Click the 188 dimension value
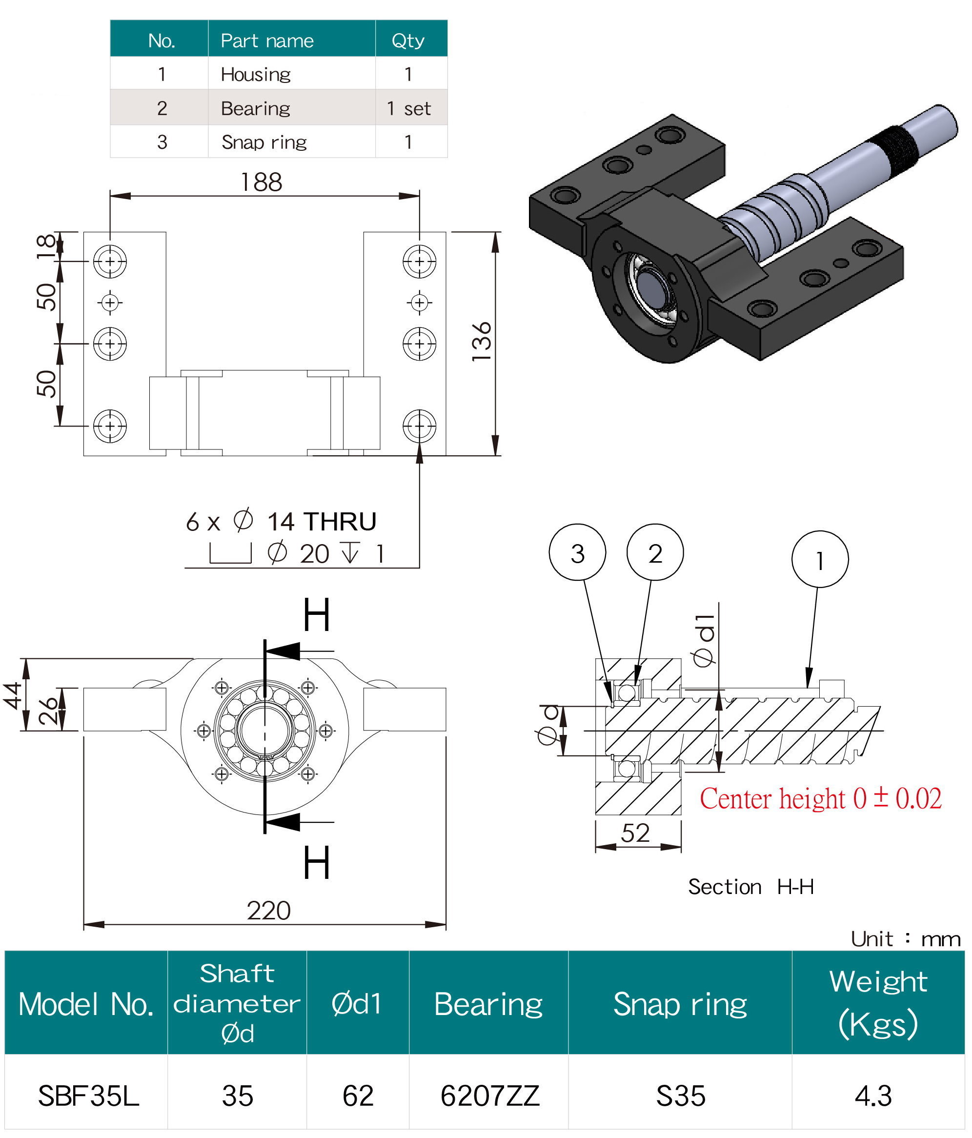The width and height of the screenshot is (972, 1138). (262, 183)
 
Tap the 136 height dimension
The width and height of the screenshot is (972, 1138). (482, 342)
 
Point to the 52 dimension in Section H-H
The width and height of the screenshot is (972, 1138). (635, 833)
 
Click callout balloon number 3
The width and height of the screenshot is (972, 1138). (577, 552)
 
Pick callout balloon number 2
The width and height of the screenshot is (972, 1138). (655, 552)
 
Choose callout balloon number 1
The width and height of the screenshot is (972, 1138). (820, 560)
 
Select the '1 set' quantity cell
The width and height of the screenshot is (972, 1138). (408, 108)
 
